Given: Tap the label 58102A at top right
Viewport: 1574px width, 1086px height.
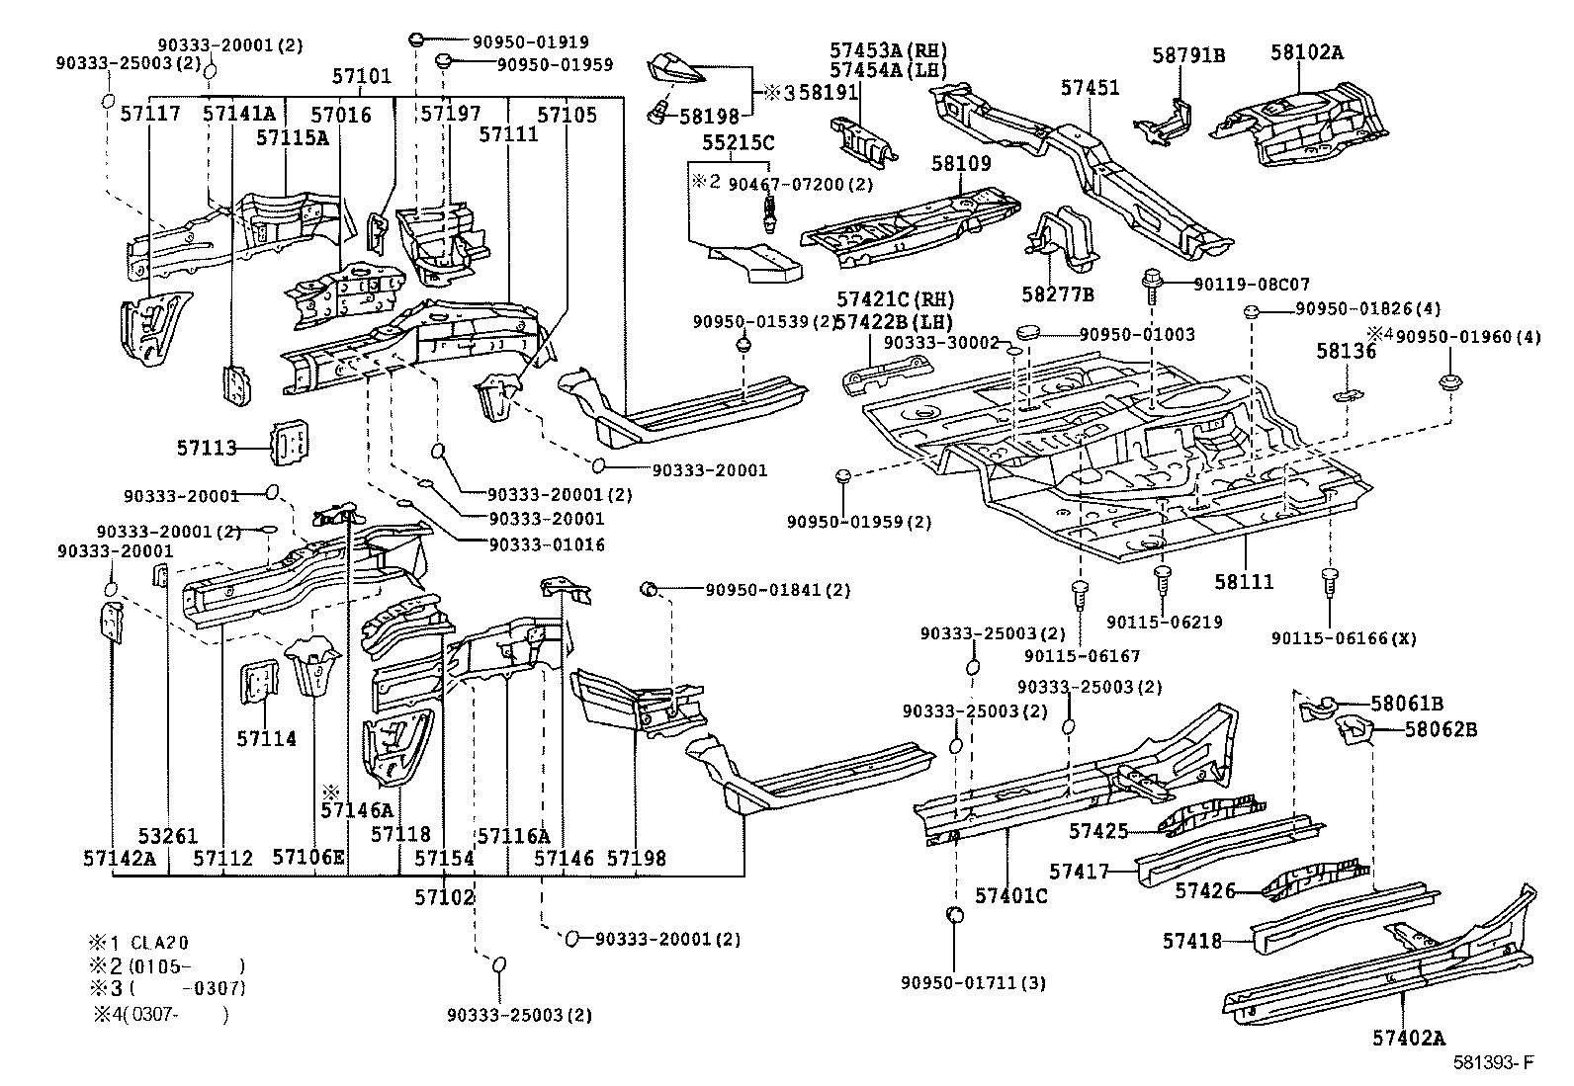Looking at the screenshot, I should (x=1306, y=53).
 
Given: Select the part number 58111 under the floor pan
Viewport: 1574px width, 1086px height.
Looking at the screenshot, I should (x=1244, y=583).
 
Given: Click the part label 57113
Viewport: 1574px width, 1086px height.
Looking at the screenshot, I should (x=208, y=448).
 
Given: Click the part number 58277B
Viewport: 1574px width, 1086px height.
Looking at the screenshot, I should (x=1059, y=294).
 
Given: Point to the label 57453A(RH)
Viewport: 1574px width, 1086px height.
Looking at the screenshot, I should (x=888, y=49).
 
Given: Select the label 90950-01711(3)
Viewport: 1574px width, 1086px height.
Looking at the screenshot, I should (x=973, y=982).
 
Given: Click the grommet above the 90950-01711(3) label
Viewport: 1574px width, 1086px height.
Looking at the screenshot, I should (x=955, y=915).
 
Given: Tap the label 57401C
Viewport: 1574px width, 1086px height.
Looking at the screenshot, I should (x=1010, y=895).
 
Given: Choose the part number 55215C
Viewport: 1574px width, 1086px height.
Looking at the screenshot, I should (x=738, y=142).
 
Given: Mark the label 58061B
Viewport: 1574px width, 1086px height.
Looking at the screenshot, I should (x=1407, y=704).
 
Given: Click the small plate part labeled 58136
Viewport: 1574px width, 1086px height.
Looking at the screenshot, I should (x=1345, y=396).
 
